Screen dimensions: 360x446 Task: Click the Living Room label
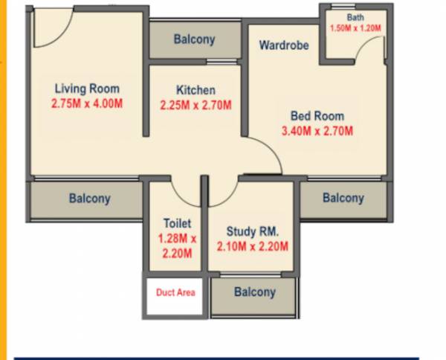pyautogui.click(x=87, y=89)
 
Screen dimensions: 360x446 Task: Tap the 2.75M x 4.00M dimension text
pyautogui.click(x=87, y=104)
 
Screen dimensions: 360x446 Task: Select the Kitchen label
pyautogui.click(x=195, y=90)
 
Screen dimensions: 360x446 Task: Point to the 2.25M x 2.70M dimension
pyautogui.click(x=195, y=106)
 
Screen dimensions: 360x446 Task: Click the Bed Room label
pyautogui.click(x=317, y=116)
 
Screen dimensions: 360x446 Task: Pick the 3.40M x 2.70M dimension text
pyautogui.click(x=317, y=132)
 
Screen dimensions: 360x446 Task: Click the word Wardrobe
pyautogui.click(x=283, y=45)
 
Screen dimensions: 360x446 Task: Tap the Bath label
pyautogui.click(x=355, y=17)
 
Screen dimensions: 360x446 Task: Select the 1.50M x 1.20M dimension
pyautogui.click(x=355, y=28)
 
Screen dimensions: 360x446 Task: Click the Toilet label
pyautogui.click(x=178, y=223)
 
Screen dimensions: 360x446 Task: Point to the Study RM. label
pyautogui.click(x=252, y=231)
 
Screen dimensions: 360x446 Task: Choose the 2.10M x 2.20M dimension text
pyautogui.click(x=252, y=247)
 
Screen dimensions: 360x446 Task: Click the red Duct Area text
pyautogui.click(x=175, y=292)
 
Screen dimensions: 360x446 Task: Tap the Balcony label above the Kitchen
pyautogui.click(x=194, y=39)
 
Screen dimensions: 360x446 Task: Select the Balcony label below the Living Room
pyautogui.click(x=89, y=199)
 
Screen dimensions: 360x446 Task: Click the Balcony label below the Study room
pyautogui.click(x=254, y=292)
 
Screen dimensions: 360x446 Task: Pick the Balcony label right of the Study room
pyautogui.click(x=343, y=198)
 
